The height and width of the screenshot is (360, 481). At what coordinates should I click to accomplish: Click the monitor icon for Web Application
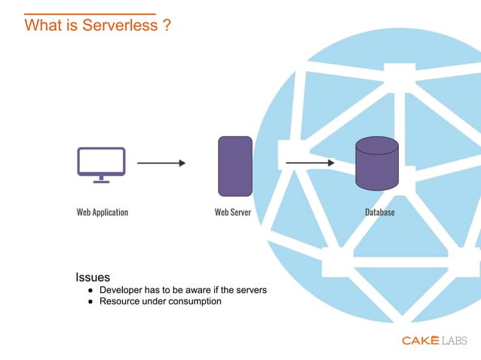(x=101, y=163)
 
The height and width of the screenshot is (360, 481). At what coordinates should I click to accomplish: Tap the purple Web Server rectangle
(x=234, y=166)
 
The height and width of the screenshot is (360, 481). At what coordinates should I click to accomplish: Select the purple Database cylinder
(x=377, y=163)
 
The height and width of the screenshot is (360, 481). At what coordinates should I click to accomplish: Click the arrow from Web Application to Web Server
(x=161, y=163)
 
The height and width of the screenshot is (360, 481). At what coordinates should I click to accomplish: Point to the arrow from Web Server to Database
(x=310, y=162)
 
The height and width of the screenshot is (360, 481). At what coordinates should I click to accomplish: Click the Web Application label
(x=103, y=212)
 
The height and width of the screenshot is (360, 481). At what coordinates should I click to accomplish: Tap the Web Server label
(x=233, y=212)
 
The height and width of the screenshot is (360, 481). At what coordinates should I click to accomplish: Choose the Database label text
(x=380, y=212)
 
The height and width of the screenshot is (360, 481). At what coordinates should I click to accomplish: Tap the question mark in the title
(x=166, y=26)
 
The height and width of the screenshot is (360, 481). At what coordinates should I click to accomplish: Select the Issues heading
(x=93, y=277)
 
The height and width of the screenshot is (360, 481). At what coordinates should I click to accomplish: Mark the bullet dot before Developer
(x=90, y=290)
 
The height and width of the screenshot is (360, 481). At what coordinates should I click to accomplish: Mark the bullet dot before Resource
(x=90, y=301)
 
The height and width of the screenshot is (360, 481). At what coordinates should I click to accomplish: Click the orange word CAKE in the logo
(x=420, y=340)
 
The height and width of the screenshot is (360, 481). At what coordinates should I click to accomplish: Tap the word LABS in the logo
(x=455, y=340)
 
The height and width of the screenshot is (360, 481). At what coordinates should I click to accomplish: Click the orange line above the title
(x=90, y=14)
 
